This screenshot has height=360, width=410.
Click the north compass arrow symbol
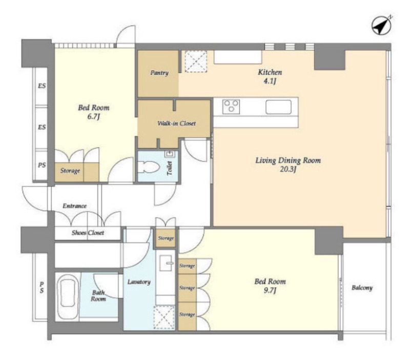point(381,26)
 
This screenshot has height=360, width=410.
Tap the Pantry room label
point(159,73)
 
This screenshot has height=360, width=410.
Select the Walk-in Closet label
point(176,123)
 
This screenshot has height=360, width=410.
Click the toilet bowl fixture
point(148,167)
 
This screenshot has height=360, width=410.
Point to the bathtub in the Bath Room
point(67,297)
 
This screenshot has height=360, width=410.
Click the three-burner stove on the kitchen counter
point(231,107)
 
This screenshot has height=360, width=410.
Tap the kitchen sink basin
point(278,107)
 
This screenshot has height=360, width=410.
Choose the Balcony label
point(362,288)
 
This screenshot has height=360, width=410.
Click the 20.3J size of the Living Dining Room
point(288,170)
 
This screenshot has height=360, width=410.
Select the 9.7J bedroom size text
point(270,290)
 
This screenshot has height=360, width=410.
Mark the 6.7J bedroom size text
point(94,117)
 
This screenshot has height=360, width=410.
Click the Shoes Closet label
point(88,232)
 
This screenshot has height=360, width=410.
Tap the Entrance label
point(74,206)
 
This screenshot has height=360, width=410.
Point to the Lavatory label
point(139,282)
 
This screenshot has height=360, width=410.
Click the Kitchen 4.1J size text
point(270,81)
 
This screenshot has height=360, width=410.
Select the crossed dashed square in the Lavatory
point(164,317)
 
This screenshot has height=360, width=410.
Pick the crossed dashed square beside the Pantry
point(196,61)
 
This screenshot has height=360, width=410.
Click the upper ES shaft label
point(42,86)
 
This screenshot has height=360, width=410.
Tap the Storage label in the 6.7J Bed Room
point(70,171)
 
